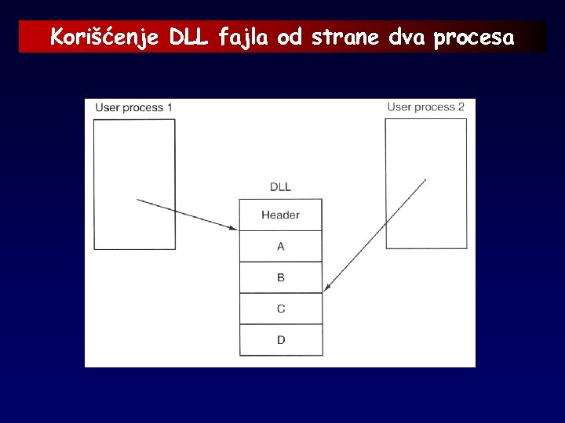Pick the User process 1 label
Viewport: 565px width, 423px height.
click(x=133, y=107)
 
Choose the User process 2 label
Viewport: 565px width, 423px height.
click(x=426, y=107)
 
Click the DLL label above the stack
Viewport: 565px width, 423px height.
click(x=280, y=187)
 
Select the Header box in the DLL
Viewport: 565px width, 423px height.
click(x=280, y=215)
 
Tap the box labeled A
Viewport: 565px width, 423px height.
click(x=280, y=246)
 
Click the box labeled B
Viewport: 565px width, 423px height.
click(x=280, y=277)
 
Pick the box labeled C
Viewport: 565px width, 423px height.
click(x=280, y=309)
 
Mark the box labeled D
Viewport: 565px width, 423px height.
click(x=280, y=340)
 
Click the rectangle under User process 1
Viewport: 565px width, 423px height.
click(x=133, y=184)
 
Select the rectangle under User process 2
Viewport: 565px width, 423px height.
click(x=426, y=184)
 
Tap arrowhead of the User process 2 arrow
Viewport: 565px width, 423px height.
click(x=326, y=290)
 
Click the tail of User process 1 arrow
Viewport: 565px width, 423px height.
click(x=137, y=201)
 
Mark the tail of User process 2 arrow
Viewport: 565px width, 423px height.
click(x=426, y=179)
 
